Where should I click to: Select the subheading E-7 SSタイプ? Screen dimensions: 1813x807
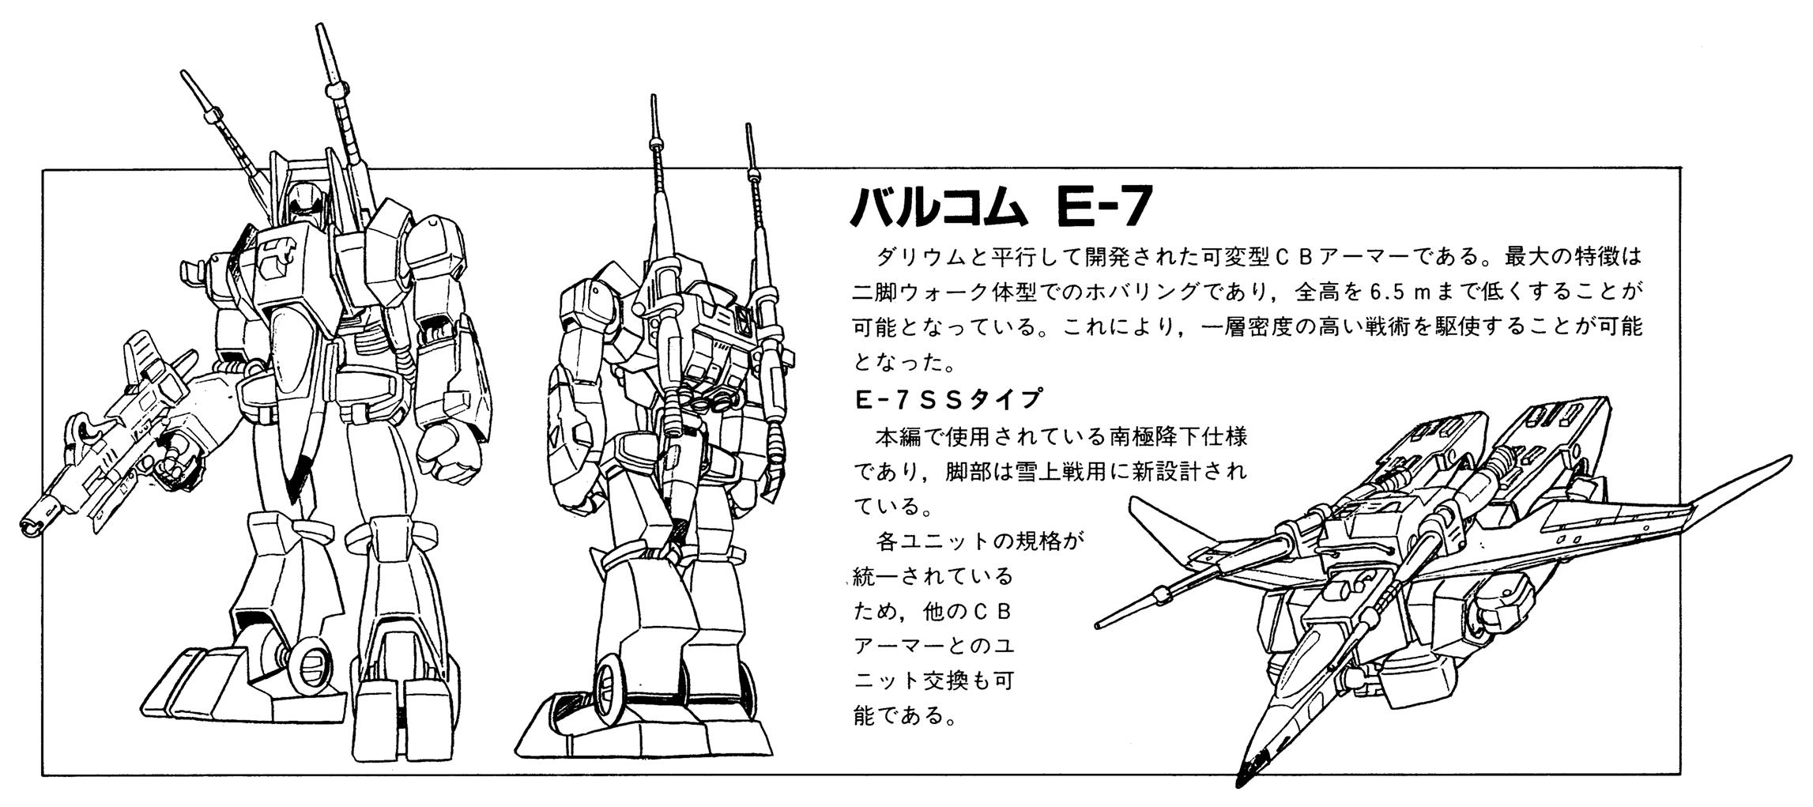[948, 399]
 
